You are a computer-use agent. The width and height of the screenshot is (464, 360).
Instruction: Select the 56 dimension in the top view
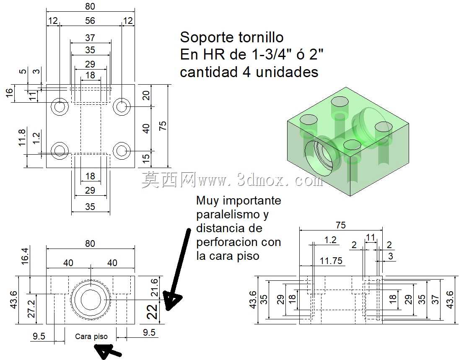click(x=90, y=21)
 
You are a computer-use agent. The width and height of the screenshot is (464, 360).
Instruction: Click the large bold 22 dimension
click(x=153, y=312)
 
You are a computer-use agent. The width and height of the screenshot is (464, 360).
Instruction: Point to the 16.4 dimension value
click(x=25, y=256)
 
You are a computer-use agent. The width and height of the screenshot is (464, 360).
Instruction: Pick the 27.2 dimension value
click(x=31, y=309)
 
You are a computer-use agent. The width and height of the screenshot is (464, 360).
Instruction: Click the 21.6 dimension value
click(x=155, y=287)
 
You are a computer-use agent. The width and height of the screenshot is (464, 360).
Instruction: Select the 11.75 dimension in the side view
click(x=331, y=261)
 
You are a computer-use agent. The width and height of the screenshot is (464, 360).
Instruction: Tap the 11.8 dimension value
click(x=22, y=137)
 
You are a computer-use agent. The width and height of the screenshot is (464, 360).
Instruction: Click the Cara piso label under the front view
click(x=91, y=337)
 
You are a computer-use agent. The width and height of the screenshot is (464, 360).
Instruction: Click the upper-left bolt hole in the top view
click(x=60, y=106)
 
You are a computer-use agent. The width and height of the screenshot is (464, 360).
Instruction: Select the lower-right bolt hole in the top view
click(x=122, y=151)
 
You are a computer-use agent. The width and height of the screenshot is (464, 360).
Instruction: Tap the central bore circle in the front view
click(x=91, y=300)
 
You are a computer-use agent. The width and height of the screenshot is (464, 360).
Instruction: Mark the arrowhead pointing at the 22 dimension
click(x=171, y=301)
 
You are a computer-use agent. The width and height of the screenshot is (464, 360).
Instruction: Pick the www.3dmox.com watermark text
click(x=260, y=179)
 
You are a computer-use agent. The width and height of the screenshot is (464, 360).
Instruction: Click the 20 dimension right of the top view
click(x=146, y=96)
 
